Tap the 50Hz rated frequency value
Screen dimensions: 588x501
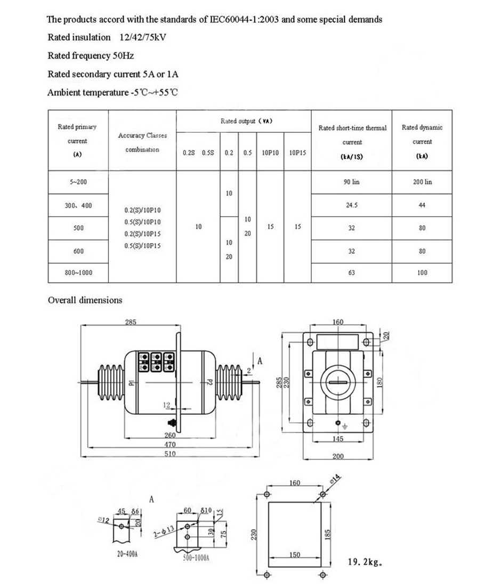[124, 55]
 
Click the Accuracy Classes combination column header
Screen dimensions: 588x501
[142, 142]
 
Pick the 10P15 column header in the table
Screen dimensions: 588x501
[297, 152]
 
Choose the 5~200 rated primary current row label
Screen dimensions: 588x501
[78, 182]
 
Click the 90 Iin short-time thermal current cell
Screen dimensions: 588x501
[351, 182]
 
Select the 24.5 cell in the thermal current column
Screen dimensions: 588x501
[351, 205]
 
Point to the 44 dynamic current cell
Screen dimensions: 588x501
[422, 205]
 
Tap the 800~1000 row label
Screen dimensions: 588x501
[78, 272]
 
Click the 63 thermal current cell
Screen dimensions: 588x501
[351, 272]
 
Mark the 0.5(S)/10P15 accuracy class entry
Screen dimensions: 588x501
[142, 246]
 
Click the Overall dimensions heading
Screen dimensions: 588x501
[85, 300]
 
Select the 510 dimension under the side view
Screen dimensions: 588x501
[169, 454]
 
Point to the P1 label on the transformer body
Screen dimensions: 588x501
[130, 383]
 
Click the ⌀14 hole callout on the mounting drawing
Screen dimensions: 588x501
[336, 478]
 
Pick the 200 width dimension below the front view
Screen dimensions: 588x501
[338, 456]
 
